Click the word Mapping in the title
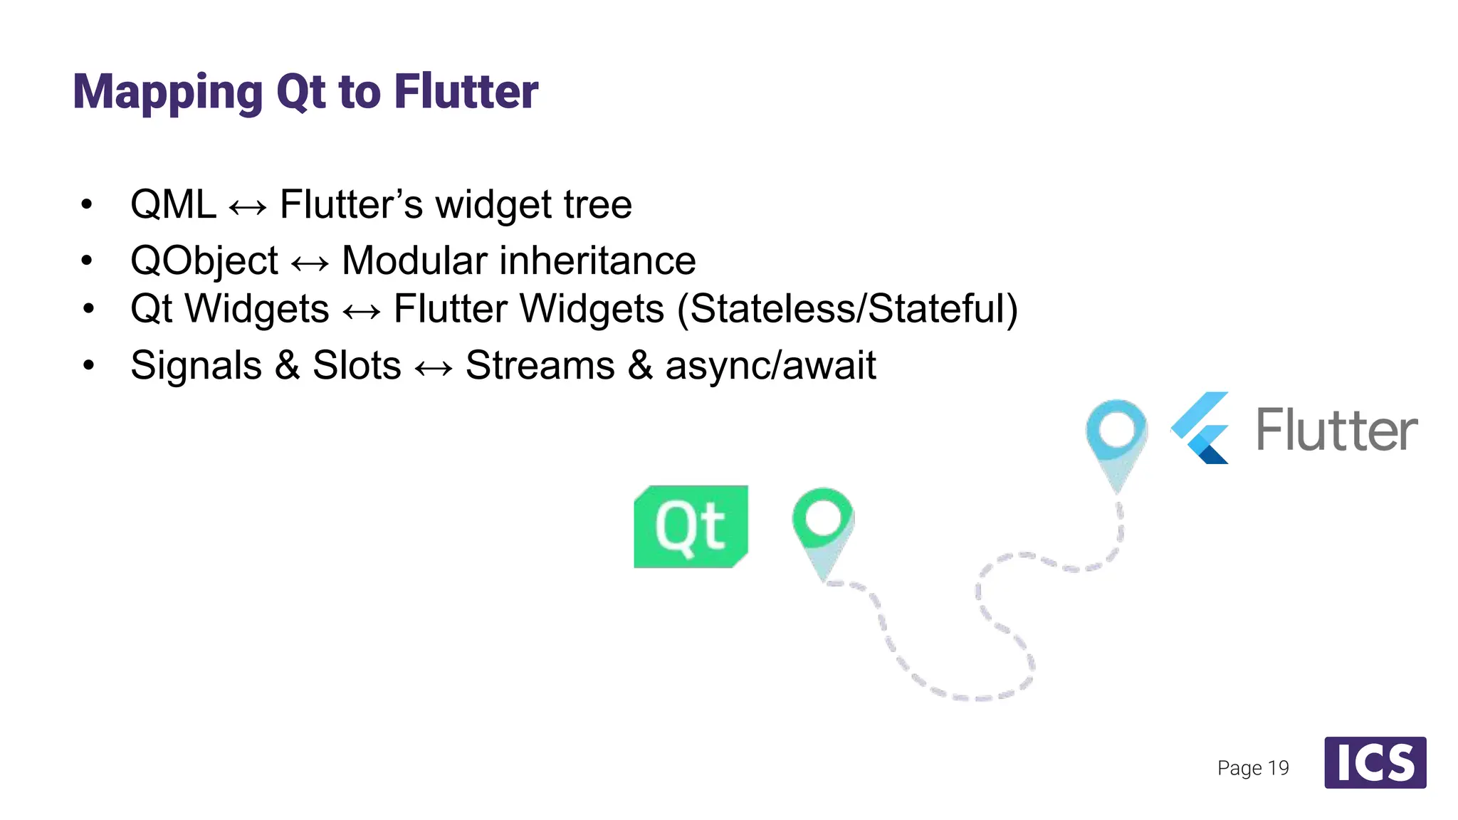(x=168, y=93)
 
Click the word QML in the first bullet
(x=173, y=205)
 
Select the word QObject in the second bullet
(x=204, y=261)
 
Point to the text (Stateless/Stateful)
(x=847, y=309)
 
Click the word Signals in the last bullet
(x=196, y=366)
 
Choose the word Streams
(x=540, y=366)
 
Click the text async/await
(x=770, y=366)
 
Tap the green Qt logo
(x=691, y=527)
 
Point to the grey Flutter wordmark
(x=1336, y=431)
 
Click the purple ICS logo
(x=1375, y=762)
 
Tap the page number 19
(x=1278, y=768)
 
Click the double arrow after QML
(x=248, y=207)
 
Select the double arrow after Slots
(x=433, y=368)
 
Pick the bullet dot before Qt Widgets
(x=88, y=309)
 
